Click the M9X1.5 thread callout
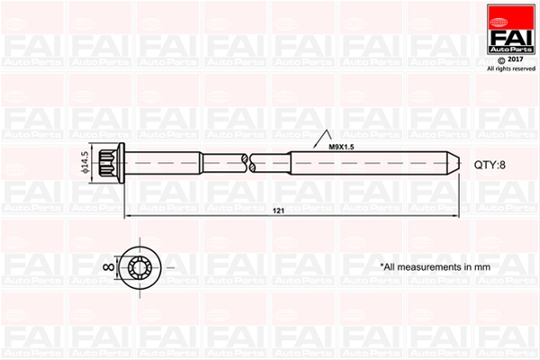pos(341,147)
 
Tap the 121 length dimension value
pos(278,211)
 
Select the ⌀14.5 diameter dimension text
pos(85,163)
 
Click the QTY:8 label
pos(490,165)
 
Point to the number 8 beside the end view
pos(109,266)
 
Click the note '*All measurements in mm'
pos(435,267)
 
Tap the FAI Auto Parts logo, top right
pos(511,29)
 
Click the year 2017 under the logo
pos(516,59)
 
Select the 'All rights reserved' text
pos(511,69)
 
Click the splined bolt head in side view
pos(108,163)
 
